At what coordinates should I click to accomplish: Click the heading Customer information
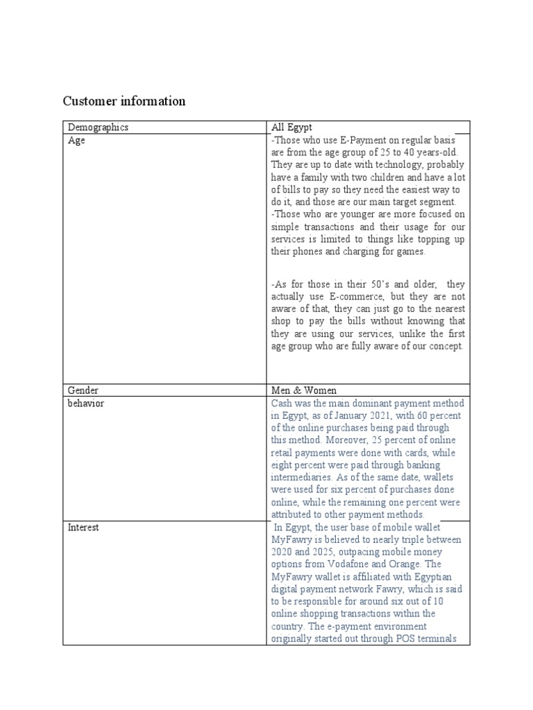click(x=124, y=101)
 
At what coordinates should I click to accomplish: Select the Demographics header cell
click(x=98, y=128)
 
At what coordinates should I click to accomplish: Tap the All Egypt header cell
click(x=291, y=128)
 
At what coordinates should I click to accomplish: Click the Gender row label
click(x=83, y=390)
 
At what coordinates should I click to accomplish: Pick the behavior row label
click(x=85, y=403)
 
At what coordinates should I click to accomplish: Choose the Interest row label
click(x=83, y=527)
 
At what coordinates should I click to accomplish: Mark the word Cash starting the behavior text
click(x=282, y=403)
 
